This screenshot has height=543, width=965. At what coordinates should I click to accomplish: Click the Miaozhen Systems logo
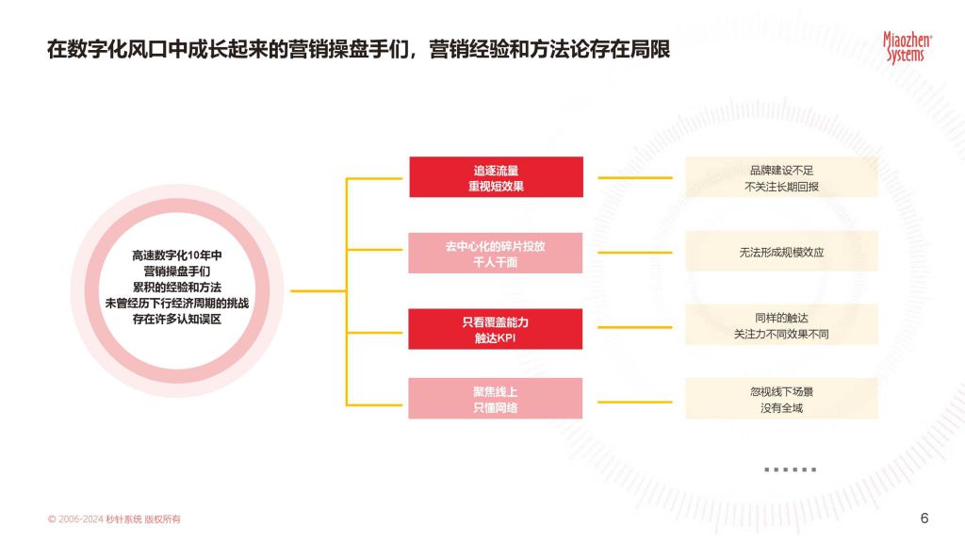point(908,47)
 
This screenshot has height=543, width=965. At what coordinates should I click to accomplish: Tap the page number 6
point(924,518)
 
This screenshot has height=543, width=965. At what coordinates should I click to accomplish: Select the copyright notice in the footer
point(114,519)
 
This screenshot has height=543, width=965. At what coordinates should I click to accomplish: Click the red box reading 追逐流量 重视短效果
point(496,177)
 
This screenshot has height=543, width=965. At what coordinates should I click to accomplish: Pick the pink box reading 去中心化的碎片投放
point(496,253)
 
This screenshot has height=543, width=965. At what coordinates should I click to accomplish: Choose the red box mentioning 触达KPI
point(496,329)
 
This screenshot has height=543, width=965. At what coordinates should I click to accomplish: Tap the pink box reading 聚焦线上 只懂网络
point(496,399)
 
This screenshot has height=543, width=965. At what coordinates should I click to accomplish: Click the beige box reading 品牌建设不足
point(781,177)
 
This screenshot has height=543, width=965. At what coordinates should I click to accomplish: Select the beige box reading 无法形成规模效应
point(781,251)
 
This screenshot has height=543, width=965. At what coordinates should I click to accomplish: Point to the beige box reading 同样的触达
point(781,324)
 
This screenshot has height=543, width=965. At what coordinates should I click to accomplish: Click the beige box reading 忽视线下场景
point(781,399)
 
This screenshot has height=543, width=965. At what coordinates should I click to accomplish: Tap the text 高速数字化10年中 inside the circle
point(177,255)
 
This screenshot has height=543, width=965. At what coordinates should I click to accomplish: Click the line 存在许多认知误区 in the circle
point(177,319)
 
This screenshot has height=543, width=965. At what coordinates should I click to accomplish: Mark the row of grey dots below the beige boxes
point(791,469)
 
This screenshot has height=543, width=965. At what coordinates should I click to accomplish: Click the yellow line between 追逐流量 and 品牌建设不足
point(635,177)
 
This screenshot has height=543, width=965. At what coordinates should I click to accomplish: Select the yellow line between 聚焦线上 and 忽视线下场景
point(635,402)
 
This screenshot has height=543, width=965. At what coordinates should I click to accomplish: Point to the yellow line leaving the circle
point(319,290)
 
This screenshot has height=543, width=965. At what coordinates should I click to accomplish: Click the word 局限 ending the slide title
point(650,49)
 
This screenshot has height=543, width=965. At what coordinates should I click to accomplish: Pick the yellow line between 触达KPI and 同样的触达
point(635,327)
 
